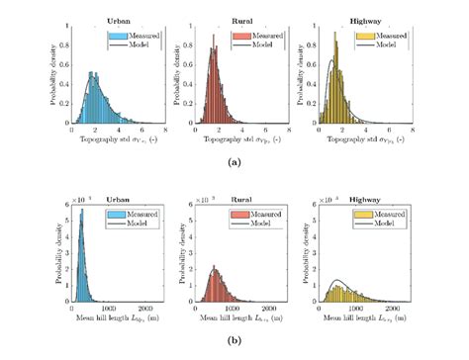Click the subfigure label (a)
pos(234,160)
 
